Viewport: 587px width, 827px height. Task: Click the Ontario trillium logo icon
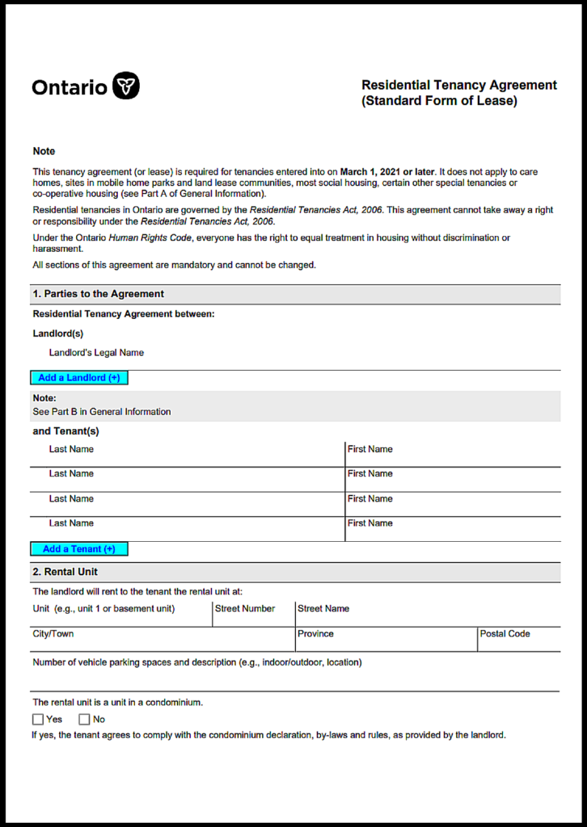point(126,86)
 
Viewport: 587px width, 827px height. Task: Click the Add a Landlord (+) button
point(79,378)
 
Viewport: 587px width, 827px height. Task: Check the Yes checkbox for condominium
point(38,720)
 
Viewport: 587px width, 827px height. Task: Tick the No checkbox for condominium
point(84,720)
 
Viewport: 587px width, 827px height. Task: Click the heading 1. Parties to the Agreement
point(98,294)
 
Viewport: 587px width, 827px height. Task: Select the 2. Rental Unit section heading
point(65,572)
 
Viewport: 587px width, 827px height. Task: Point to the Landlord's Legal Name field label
point(96,353)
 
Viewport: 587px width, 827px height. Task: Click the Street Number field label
point(245,609)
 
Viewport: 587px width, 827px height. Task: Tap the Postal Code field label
point(505,634)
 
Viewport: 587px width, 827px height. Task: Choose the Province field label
point(315,634)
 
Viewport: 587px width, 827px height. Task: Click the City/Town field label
point(53,634)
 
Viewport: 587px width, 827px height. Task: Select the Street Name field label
point(323,609)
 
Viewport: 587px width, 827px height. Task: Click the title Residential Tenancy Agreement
point(458,85)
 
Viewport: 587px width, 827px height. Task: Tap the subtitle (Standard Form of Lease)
point(439,101)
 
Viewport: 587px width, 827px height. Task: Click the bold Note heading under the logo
point(44,151)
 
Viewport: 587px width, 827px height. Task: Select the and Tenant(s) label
point(65,431)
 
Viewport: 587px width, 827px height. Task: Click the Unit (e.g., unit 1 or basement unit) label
point(103,609)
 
